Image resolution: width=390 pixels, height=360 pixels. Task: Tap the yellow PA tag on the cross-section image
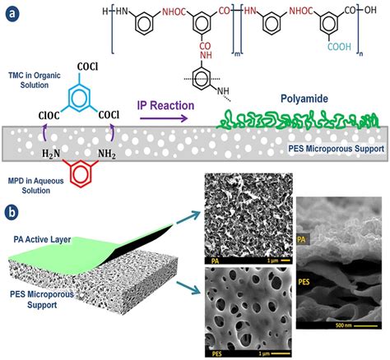(x=301, y=241)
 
